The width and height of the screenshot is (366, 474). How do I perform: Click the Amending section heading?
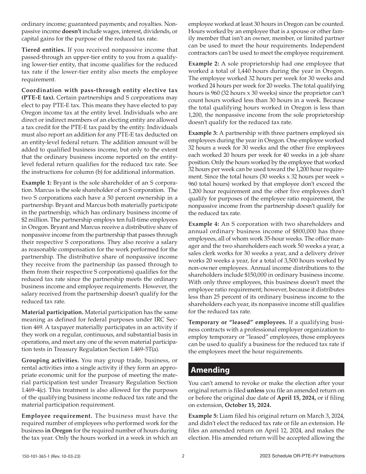point(210,370)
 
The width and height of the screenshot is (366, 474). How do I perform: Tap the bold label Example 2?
point(203,63)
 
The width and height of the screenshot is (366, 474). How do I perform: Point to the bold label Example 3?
point(203,133)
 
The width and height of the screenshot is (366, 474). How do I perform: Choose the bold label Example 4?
point(203,224)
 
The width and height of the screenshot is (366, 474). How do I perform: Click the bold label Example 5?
point(203,417)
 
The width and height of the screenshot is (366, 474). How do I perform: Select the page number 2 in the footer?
point(183,456)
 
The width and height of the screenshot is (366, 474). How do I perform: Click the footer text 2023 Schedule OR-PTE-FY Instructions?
point(302,456)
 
